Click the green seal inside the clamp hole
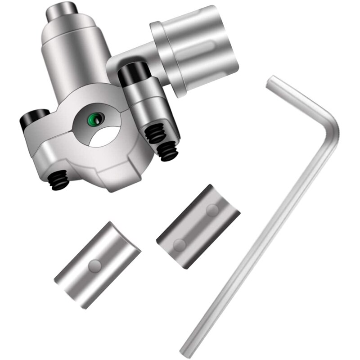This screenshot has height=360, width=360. click(94, 119)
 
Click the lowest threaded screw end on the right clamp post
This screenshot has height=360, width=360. click(169, 153)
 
